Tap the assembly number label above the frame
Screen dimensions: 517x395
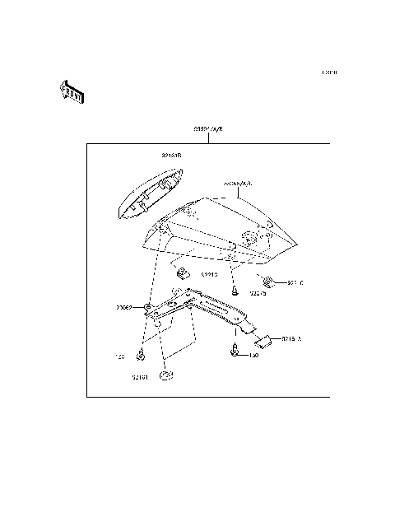(208, 130)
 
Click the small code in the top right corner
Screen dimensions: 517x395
(329, 73)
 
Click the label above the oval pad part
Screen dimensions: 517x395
(170, 155)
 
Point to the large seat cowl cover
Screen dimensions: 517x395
(222, 235)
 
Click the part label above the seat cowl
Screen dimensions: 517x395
(238, 184)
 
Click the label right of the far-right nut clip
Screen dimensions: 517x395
(295, 282)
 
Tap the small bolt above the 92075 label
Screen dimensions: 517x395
(235, 290)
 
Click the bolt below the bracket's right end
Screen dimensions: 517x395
(237, 352)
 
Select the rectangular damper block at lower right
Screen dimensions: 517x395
(267, 338)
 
